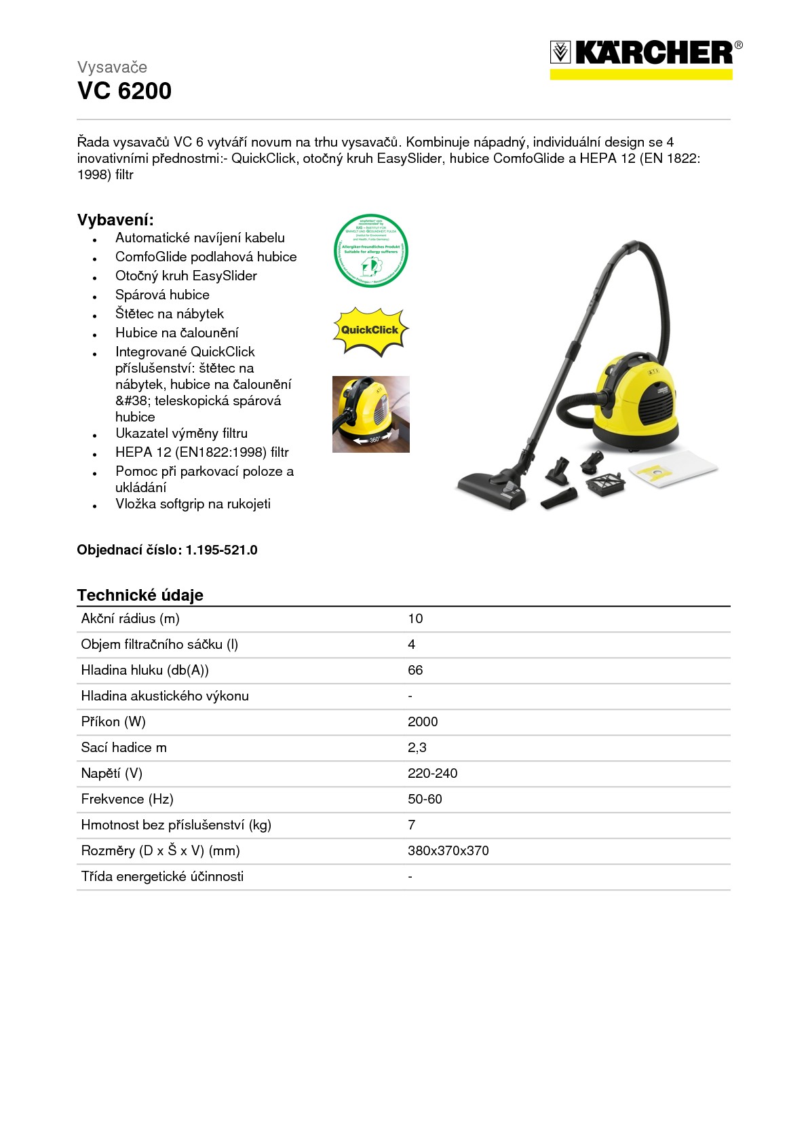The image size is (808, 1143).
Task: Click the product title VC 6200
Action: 124,91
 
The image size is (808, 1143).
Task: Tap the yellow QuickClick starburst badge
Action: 370,331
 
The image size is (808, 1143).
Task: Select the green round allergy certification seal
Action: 371,250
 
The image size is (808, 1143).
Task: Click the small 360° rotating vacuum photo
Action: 370,414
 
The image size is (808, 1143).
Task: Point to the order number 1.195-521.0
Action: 221,550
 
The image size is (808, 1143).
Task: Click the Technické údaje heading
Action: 140,595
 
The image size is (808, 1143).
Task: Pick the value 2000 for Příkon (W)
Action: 423,722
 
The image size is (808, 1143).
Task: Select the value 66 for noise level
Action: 415,670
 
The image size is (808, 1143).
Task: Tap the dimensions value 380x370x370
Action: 448,850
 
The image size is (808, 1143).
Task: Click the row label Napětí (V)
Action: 111,773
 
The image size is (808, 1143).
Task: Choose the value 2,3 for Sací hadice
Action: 417,747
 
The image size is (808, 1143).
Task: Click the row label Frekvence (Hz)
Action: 127,799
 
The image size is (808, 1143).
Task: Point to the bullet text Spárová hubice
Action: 162,295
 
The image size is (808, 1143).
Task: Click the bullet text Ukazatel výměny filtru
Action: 181,433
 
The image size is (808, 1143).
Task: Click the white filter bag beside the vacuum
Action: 673,470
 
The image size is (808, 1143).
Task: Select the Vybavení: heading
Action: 115,220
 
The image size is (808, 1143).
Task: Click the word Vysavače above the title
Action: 112,67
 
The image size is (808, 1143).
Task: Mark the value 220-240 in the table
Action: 432,773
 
